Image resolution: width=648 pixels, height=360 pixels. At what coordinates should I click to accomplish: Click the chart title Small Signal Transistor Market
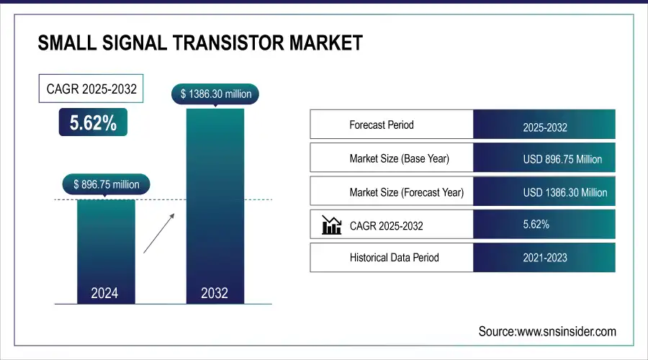(x=199, y=43)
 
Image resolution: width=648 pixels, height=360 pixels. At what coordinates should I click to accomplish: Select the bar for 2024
(x=105, y=245)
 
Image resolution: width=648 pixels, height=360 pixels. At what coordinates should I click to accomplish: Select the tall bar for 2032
(x=215, y=202)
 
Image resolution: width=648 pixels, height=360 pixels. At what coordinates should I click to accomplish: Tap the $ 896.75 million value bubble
(x=106, y=184)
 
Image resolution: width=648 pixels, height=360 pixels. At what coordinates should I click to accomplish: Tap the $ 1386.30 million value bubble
(x=215, y=94)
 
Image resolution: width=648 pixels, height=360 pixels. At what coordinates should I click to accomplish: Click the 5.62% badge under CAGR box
(x=93, y=123)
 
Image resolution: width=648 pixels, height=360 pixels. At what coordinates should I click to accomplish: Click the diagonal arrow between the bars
(x=158, y=233)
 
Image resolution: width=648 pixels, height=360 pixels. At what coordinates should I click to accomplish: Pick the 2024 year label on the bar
(x=105, y=293)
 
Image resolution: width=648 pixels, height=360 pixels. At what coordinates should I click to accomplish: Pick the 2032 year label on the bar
(x=215, y=293)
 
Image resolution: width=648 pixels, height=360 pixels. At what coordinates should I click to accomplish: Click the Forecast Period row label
(x=382, y=125)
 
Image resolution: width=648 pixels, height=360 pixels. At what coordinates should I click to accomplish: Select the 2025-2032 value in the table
(x=545, y=128)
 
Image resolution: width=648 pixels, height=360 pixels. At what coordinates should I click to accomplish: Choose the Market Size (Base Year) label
(x=399, y=158)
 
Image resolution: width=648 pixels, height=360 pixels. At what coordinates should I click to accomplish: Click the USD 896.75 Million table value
(x=562, y=159)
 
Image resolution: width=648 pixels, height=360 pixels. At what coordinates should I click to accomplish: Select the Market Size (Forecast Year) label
(x=406, y=192)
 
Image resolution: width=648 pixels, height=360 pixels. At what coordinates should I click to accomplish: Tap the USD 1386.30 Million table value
(x=564, y=192)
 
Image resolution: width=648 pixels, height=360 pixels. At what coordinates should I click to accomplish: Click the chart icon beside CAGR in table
(x=331, y=225)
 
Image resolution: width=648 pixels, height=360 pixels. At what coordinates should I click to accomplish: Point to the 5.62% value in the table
(x=536, y=225)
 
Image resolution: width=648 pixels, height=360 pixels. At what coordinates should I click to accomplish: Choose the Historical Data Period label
(x=394, y=257)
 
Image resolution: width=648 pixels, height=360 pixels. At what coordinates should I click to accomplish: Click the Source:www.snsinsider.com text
(x=547, y=331)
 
